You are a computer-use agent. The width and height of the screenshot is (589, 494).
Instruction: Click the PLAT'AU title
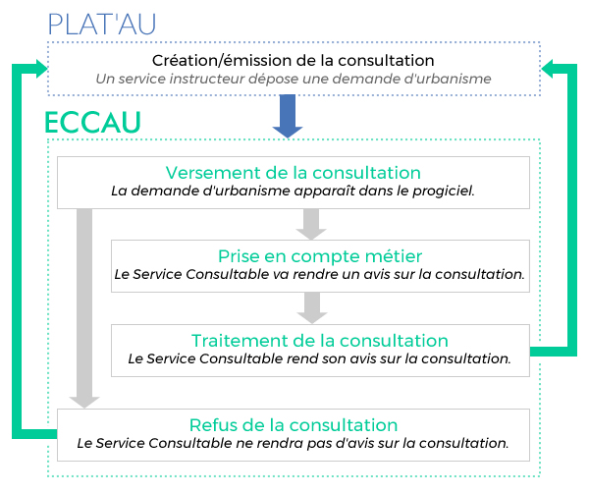tap(101, 25)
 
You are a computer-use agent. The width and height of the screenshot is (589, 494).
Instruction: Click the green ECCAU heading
tap(92, 123)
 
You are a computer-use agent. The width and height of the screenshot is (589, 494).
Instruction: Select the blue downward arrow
tap(288, 116)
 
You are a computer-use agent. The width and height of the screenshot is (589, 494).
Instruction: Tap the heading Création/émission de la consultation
tap(293, 61)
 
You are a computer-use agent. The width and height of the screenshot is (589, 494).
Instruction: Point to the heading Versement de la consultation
tap(293, 173)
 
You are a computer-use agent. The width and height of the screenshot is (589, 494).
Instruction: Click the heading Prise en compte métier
tap(320, 256)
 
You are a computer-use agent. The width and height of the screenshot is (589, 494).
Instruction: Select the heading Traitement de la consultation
tap(320, 341)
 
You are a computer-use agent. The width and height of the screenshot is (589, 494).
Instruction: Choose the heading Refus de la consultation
tap(294, 425)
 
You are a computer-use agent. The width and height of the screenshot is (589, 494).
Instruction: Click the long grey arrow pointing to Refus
tap(84, 308)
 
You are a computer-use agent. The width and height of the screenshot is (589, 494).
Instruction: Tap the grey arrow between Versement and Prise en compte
tap(311, 224)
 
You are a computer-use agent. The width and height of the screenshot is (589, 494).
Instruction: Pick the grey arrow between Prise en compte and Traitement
tap(312, 308)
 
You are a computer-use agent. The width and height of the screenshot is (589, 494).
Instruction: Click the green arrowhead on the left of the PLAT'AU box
tap(41, 69)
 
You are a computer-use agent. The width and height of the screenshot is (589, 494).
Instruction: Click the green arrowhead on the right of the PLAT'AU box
tap(547, 69)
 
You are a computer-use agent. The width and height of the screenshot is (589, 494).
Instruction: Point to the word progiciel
tap(444, 192)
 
